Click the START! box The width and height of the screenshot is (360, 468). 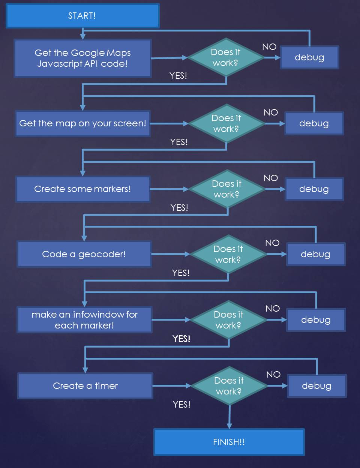click(82, 16)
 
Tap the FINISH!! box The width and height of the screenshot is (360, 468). click(229, 442)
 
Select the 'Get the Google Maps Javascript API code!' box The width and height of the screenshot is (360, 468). click(82, 58)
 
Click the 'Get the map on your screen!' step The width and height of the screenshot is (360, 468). click(82, 123)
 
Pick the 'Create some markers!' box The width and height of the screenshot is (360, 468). click(82, 189)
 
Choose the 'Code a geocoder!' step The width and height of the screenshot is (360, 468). click(84, 254)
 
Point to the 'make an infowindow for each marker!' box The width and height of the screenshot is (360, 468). click(84, 320)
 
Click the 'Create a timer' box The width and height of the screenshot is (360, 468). click(85, 385)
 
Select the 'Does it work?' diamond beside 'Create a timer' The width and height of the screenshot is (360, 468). click(229, 386)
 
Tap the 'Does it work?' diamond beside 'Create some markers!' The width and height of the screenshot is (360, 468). click(227, 189)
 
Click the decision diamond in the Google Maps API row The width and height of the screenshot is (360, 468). click(226, 57)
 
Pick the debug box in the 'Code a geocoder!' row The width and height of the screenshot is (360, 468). click(315, 254)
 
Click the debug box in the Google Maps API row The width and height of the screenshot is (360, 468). click(309, 57)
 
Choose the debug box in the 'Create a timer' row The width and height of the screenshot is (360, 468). click(316, 386)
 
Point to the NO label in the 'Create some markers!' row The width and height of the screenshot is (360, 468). click(271, 178)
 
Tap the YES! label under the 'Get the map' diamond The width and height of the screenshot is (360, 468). click(179, 142)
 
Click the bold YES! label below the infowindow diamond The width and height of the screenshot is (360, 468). click(181, 339)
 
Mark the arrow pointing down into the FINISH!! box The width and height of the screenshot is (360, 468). click(229, 416)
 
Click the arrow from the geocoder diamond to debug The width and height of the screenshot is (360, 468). click(276, 254)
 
